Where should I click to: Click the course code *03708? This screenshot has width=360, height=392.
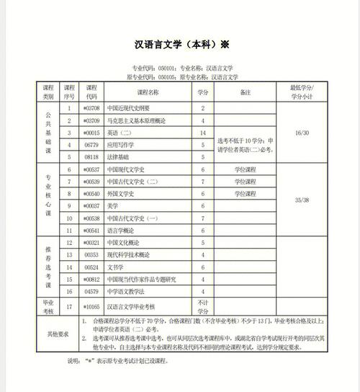(91, 109)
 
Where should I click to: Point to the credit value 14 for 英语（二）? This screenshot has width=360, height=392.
(202, 133)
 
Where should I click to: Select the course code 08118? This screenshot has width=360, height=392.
(91, 156)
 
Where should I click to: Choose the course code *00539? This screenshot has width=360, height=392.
(91, 182)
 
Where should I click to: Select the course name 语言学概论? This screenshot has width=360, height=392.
(122, 231)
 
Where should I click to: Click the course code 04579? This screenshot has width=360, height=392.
(91, 291)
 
